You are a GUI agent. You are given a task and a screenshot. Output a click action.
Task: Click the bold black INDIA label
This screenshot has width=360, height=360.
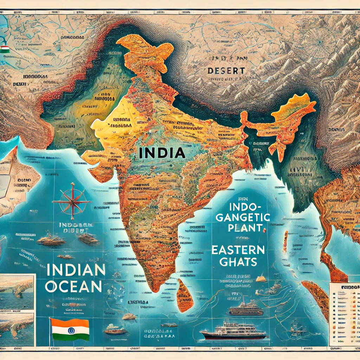162,153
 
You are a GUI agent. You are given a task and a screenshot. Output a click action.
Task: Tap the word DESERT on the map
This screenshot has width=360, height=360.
226,71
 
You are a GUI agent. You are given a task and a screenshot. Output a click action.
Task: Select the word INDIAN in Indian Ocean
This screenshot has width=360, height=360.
76,271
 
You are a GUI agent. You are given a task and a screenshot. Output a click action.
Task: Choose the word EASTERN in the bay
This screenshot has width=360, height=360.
238,250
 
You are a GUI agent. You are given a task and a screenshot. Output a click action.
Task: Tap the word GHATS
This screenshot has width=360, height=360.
238,262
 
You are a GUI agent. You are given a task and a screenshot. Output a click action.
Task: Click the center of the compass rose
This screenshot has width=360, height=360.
72,202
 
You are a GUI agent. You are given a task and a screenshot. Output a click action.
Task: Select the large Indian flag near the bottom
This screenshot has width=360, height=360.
70,329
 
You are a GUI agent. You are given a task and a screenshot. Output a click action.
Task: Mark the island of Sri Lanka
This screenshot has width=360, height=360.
185,295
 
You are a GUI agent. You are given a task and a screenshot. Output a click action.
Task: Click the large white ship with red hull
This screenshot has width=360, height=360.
233,331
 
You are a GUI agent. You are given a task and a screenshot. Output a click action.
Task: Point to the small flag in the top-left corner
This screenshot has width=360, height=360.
4,49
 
